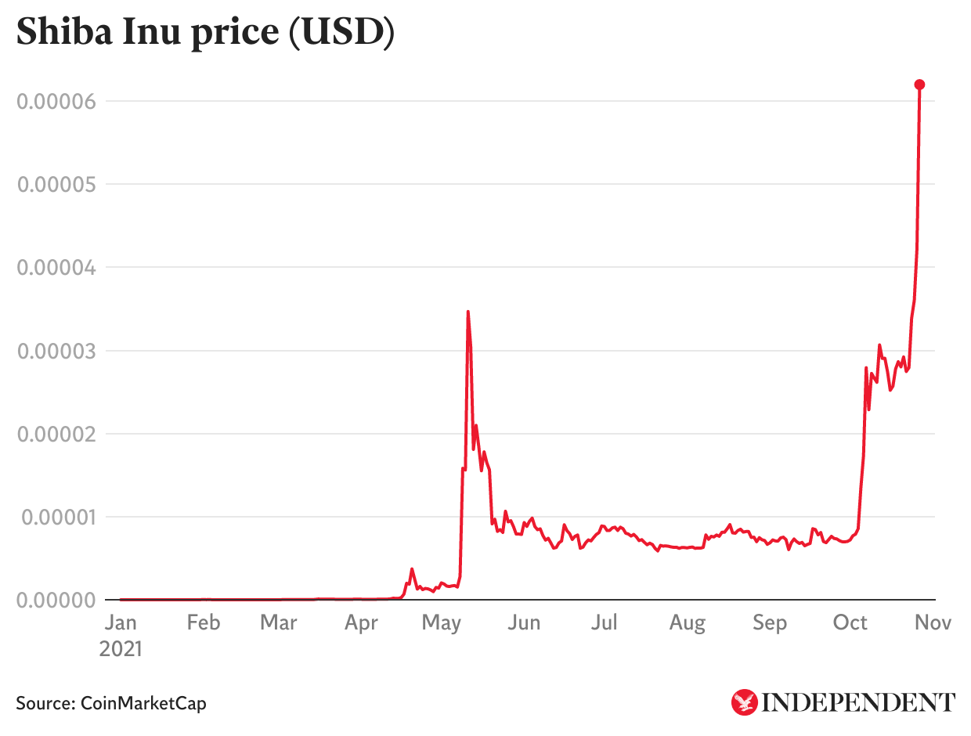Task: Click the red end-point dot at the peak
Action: pos(920,85)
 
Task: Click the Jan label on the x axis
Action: pos(120,622)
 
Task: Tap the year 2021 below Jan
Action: pos(121,649)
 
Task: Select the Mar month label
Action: pos(278,622)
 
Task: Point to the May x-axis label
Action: pos(441,622)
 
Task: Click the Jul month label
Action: pos(605,622)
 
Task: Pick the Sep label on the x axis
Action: pos(769,622)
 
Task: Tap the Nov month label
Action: pos(933,622)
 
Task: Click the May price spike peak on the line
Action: pos(467,312)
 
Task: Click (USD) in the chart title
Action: pos(341,33)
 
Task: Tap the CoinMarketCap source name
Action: pos(143,703)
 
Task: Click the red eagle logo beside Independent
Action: pos(744,702)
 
